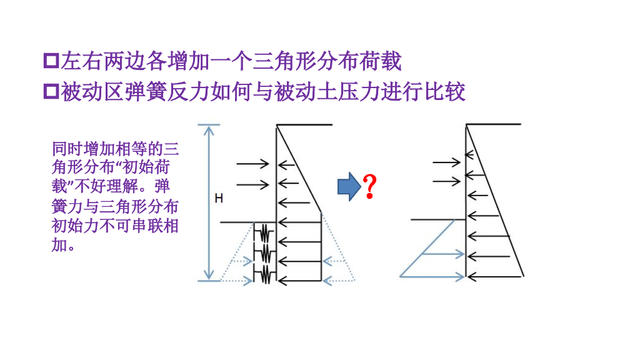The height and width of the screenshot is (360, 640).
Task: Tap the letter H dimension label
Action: coord(219,198)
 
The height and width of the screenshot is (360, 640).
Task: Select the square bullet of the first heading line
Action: coord(51,62)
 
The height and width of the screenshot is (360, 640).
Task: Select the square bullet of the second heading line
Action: coord(51,92)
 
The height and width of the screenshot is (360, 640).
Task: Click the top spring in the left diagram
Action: coord(264,233)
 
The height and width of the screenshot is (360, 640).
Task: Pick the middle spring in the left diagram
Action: coord(264,253)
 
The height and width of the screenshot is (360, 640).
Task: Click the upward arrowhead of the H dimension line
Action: coord(209,129)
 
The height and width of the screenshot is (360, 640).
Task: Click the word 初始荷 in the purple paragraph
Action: coord(146,167)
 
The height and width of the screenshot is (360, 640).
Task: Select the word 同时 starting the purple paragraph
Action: coord(62,149)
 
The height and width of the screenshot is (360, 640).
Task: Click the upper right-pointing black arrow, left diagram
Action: coord(252,164)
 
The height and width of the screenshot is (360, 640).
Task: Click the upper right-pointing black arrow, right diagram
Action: coord(446,162)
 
